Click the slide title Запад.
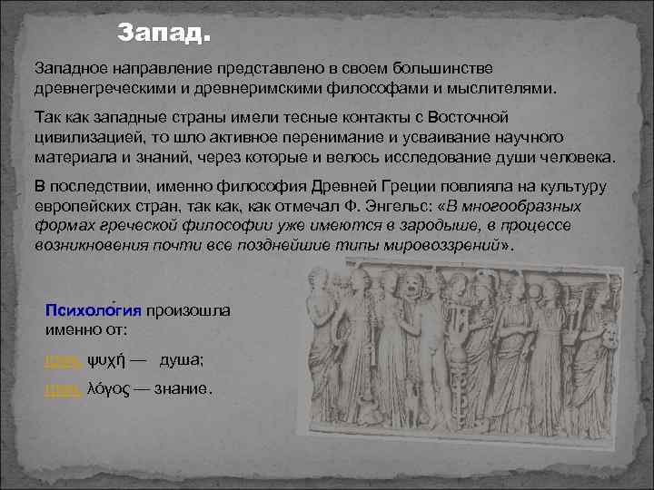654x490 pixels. tap(164, 35)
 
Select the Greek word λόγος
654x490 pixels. tap(107, 388)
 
